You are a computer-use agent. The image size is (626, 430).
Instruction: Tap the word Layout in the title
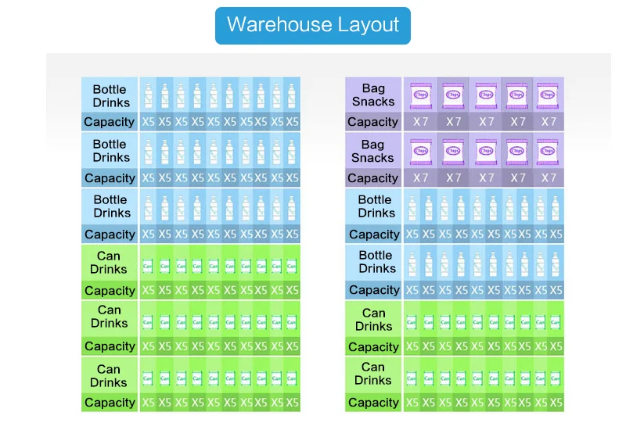click(x=369, y=24)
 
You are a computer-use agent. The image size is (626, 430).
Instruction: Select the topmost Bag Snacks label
click(x=373, y=95)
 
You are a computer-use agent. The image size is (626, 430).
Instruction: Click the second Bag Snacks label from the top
click(x=373, y=151)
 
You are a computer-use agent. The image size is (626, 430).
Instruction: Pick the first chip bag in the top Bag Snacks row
click(x=420, y=95)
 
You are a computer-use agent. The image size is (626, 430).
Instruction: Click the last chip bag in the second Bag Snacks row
click(x=549, y=151)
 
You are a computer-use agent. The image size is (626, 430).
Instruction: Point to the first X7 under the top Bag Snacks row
click(x=421, y=122)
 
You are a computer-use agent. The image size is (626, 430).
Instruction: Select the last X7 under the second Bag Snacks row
click(x=549, y=178)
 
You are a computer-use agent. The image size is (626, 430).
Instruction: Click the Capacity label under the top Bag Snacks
click(x=372, y=122)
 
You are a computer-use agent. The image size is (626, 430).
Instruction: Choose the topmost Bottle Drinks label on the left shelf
click(x=110, y=95)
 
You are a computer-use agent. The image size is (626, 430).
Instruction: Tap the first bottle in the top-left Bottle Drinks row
click(x=149, y=96)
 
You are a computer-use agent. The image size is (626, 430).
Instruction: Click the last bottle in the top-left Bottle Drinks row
click(x=292, y=96)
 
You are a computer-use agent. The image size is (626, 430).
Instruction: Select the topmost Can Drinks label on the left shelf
click(x=110, y=263)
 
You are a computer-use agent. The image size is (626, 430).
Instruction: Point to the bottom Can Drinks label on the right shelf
click(x=373, y=374)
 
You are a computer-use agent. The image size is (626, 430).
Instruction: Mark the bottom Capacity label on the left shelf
click(x=110, y=403)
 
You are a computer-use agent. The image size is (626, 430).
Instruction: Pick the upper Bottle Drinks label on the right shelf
click(x=375, y=206)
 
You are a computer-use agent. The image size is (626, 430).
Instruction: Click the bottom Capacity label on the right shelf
click(x=372, y=403)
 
